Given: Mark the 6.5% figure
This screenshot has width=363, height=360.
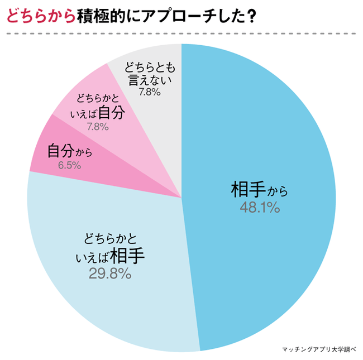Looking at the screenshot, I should coord(70,165).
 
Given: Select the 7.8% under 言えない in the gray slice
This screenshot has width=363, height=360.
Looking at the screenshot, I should coord(150,92).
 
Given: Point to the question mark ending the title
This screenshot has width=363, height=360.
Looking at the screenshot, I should coord(252,17).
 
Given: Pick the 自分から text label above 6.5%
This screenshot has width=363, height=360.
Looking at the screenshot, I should coord(70,151).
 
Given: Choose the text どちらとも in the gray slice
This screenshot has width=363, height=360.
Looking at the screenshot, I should coord(150,66).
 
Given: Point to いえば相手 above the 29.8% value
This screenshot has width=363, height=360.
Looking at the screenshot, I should coord(109,256).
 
